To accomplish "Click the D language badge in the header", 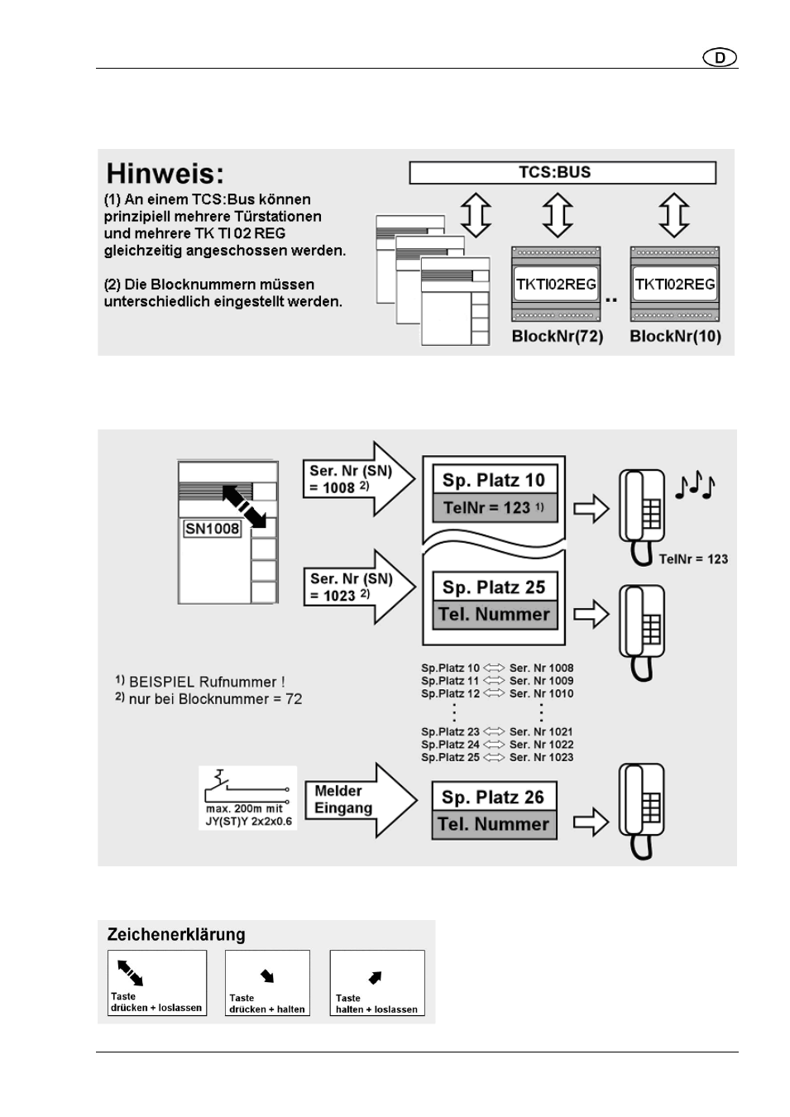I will (720, 57).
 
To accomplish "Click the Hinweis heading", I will (165, 174).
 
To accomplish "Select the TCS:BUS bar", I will (562, 172).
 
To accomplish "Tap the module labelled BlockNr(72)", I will (556, 284).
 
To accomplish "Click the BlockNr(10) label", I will (675, 336).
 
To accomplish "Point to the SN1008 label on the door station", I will (212, 529).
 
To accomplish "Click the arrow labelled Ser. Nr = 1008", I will (357, 479).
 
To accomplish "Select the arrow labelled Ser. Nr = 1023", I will (357, 587).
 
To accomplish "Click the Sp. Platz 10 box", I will (494, 480).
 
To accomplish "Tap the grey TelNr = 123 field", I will (494, 507).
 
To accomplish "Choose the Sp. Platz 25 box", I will (494, 587).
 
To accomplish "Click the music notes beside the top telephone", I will (695, 487).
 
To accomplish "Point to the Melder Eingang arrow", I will (360, 799).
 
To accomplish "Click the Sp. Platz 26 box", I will (493, 797).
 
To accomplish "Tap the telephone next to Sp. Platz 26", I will (642, 809).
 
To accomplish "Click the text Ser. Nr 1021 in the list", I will (541, 731).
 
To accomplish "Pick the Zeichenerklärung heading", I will (176, 935).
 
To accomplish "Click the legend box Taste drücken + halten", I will (267, 983).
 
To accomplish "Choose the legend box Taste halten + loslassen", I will (376, 983).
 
